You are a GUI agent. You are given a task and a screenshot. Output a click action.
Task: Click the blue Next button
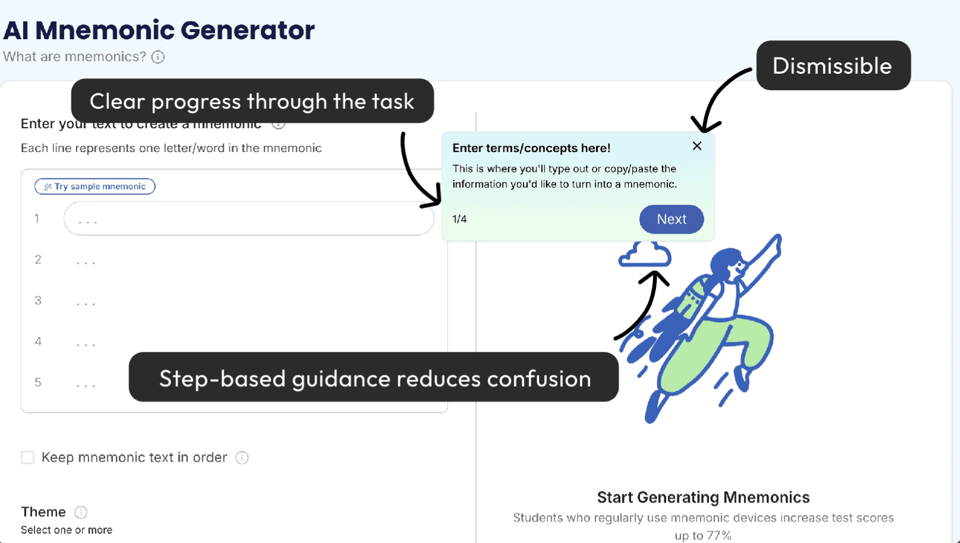[x=672, y=219]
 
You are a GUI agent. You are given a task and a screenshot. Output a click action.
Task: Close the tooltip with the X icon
[x=697, y=146]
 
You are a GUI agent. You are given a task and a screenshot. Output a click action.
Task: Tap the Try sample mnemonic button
[x=95, y=187]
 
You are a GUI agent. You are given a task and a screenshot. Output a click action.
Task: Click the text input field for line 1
[x=249, y=219]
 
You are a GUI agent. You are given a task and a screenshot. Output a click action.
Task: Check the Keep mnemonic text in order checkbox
[x=28, y=457]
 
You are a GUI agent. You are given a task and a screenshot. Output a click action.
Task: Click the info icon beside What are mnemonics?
[x=158, y=57]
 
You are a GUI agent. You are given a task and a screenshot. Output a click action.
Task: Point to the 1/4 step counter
[x=459, y=219]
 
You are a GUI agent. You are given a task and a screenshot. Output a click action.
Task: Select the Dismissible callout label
[x=833, y=66]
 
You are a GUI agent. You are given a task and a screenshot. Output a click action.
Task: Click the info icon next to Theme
[x=81, y=512]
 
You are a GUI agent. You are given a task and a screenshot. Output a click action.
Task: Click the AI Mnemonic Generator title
[x=159, y=30]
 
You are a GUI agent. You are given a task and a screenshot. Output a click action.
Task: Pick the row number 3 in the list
[x=38, y=301]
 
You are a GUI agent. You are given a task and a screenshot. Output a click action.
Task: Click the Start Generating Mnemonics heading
[x=703, y=497]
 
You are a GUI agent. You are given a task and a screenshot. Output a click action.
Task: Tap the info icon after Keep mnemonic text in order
[x=242, y=457]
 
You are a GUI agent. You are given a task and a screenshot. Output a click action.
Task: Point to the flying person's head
[x=728, y=264]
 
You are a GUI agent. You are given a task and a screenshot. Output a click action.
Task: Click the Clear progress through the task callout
[x=252, y=102]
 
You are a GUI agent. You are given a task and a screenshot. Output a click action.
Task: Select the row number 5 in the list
[x=38, y=383]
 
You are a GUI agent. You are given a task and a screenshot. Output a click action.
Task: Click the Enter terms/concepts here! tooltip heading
[x=531, y=148]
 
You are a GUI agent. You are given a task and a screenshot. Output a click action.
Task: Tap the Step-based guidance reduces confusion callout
[x=374, y=378]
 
